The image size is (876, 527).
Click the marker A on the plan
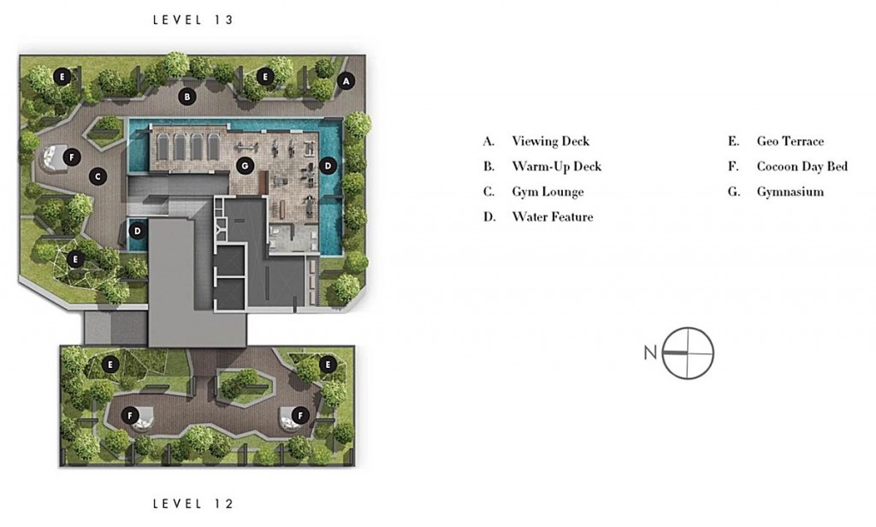pyautogui.click(x=346, y=81)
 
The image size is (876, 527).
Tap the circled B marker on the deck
pyautogui.click(x=187, y=97)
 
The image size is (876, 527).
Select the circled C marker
pyautogui.click(x=98, y=176)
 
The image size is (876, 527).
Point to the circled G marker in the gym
pyautogui.click(x=245, y=165)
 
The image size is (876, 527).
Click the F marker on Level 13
pyautogui.click(x=72, y=157)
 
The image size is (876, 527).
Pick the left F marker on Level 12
pyautogui.click(x=130, y=415)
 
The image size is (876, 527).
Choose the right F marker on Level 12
pyautogui.click(x=300, y=415)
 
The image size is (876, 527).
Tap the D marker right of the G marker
pyautogui.click(x=328, y=165)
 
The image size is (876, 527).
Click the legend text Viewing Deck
pyautogui.click(x=550, y=141)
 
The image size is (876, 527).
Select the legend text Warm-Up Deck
pyautogui.click(x=556, y=167)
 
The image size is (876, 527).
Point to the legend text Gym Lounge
pyautogui.click(x=547, y=192)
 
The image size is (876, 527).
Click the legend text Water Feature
pyautogui.click(x=552, y=216)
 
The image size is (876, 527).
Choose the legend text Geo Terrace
pyautogui.click(x=790, y=141)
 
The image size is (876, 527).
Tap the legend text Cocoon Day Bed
pyautogui.click(x=802, y=167)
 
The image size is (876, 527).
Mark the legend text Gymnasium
pyautogui.click(x=790, y=192)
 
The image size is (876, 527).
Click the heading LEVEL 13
pyautogui.click(x=193, y=20)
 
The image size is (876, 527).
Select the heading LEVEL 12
pyautogui.click(x=193, y=504)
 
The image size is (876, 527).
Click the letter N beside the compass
pyautogui.click(x=650, y=352)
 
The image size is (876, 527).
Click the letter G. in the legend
pyautogui.click(x=733, y=192)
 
